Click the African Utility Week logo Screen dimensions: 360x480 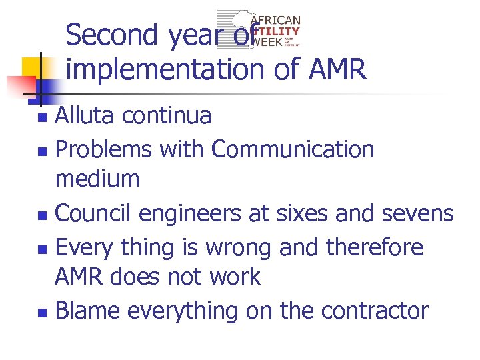pyautogui.click(x=260, y=30)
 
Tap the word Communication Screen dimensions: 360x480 pyautogui.click(x=293, y=149)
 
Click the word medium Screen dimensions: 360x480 pyautogui.click(x=97, y=179)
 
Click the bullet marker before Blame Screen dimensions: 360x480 pyautogui.click(x=42, y=312)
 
